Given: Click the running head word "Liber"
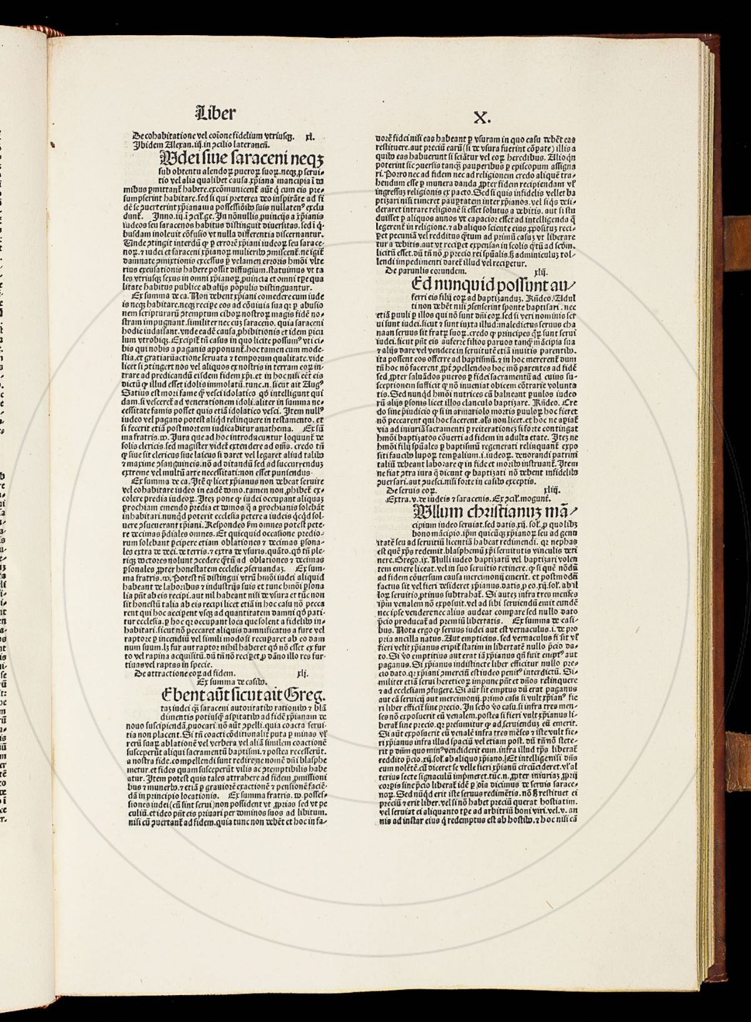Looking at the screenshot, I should (x=216, y=113).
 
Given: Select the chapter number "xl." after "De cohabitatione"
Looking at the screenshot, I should (x=309, y=135).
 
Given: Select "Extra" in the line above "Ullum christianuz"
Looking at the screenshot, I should (x=399, y=499).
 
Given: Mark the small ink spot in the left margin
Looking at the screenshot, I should (x=53, y=145).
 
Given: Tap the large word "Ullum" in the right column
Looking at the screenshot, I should (x=435, y=513).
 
